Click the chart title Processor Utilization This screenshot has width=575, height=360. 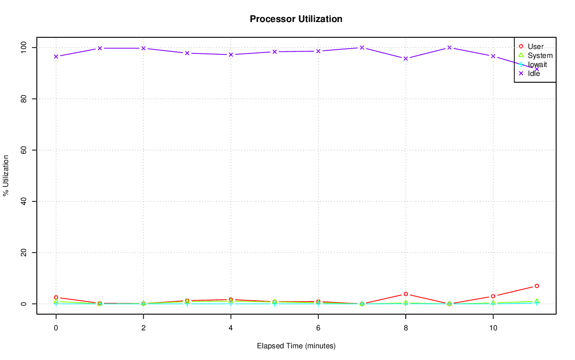296,19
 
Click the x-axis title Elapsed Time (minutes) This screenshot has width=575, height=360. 296,346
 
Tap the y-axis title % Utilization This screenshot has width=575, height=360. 6,175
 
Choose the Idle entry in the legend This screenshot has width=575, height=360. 534,74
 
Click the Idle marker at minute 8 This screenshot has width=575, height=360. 406,58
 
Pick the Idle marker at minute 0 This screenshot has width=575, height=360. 56,56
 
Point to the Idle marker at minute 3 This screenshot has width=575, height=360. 187,53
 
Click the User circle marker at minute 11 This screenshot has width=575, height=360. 537,286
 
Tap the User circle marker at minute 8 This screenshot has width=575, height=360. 406,294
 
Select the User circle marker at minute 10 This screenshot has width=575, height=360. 493,296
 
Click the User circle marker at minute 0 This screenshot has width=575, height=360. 56,298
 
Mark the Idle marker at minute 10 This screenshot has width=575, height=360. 493,56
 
